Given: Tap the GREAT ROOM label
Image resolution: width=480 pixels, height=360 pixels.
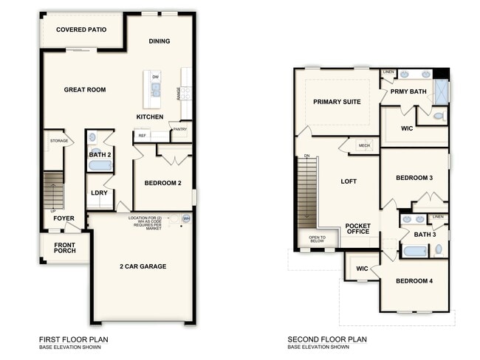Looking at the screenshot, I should pyautogui.click(x=85, y=90).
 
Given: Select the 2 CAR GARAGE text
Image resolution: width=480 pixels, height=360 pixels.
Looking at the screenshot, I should pyautogui.click(x=143, y=266).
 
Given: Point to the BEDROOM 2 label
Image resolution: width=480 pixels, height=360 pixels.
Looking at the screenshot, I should pyautogui.click(x=162, y=183).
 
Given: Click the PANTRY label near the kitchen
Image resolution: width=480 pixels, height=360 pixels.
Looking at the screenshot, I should pyautogui.click(x=180, y=129).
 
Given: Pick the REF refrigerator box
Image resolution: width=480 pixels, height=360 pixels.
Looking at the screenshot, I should pyautogui.click(x=142, y=136).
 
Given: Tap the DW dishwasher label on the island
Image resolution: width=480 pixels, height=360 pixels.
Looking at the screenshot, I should pyautogui.click(x=156, y=77).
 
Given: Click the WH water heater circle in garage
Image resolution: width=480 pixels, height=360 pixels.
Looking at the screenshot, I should pyautogui.click(x=185, y=218).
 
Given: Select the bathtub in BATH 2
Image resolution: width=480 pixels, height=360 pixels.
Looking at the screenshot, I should pyautogui.click(x=99, y=166).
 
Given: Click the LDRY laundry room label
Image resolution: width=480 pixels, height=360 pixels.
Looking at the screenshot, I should pyautogui.click(x=99, y=193).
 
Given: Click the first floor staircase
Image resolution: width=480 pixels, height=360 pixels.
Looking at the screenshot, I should pyautogui.click(x=53, y=190).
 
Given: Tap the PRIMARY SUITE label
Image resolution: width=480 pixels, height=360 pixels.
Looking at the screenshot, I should pyautogui.click(x=337, y=102).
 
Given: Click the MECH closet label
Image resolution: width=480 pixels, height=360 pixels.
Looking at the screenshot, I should pyautogui.click(x=364, y=145).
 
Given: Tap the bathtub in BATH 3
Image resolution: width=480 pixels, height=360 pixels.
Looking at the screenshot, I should pyautogui.click(x=415, y=251).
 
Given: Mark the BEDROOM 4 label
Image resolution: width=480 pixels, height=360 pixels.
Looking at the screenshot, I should pyautogui.click(x=414, y=281).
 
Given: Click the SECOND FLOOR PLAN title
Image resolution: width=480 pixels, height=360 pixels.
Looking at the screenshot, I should pyautogui.click(x=327, y=340).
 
